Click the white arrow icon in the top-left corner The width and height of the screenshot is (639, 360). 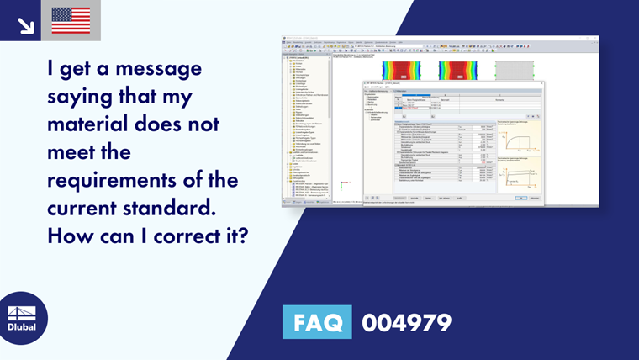[x=24, y=23]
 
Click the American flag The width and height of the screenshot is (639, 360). [x=71, y=20]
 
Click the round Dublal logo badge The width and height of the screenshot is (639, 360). [x=23, y=318]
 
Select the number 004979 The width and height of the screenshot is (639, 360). [x=406, y=322]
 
